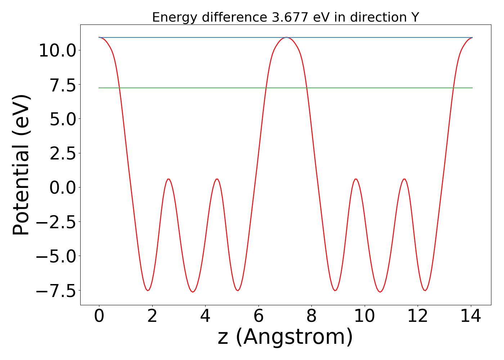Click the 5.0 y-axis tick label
[63, 119]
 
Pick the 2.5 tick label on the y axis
[63, 153]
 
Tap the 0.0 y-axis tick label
[63, 188]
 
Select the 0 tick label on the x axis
[99, 316]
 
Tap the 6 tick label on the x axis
[258, 316]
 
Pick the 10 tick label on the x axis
[365, 316]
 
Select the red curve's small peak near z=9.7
[356, 179]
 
